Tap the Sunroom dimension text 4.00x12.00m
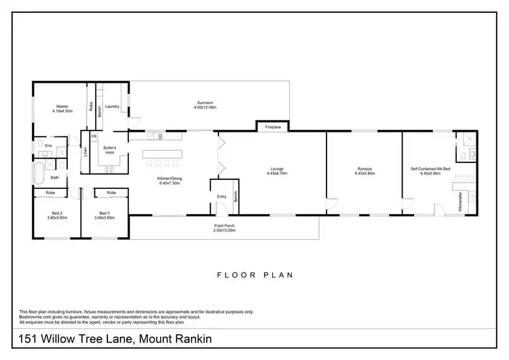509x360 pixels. (x=205, y=108)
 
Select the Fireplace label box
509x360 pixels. (x=273, y=126)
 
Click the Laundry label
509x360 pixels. (x=112, y=106)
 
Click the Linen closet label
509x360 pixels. (x=86, y=153)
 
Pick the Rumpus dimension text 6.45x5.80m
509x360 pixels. (x=365, y=174)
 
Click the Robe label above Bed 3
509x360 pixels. (x=111, y=193)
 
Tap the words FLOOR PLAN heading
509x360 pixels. (x=254, y=276)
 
